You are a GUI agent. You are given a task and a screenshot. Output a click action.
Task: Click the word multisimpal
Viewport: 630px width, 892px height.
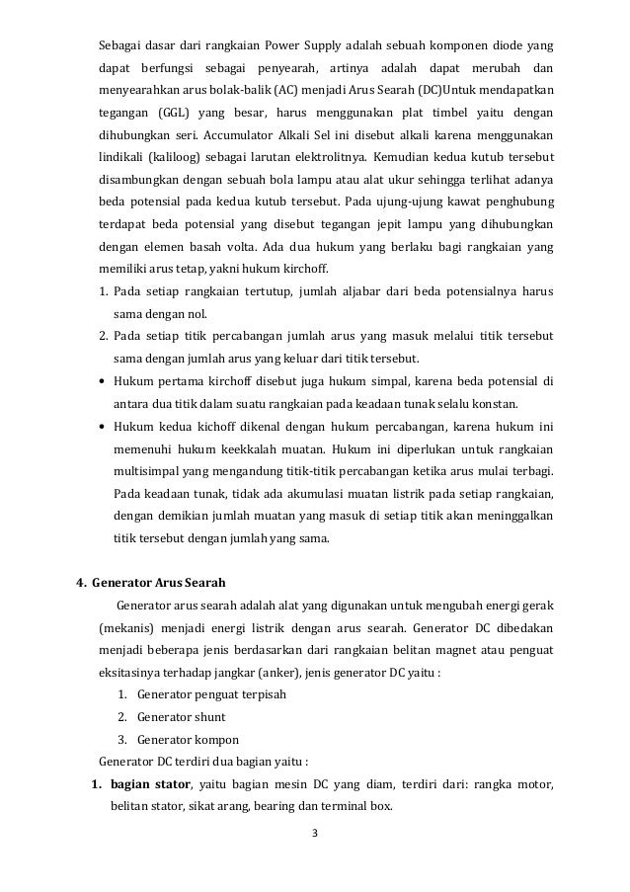click(x=146, y=472)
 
